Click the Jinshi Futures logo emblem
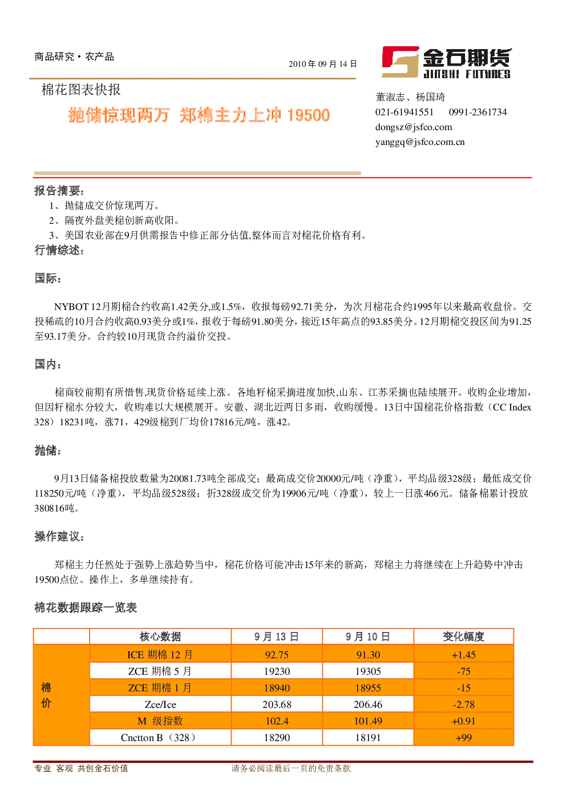coord(400,62)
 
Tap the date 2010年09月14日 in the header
coord(323,64)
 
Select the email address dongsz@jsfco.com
coord(414,127)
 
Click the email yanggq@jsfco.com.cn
coord(420,142)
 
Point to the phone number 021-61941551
coord(404,112)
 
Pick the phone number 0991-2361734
coord(478,112)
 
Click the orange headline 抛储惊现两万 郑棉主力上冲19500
coord(199,115)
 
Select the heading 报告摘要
coord(59,191)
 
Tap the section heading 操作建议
coord(59,536)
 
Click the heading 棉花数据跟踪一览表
coord(86,607)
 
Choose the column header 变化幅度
coord(463,637)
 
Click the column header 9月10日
coord(367,637)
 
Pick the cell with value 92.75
coord(277,655)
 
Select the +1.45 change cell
coord(463,655)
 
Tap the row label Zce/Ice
coord(160,705)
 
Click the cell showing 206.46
coord(368,705)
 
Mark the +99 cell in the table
coord(463,738)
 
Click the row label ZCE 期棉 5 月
coord(160,671)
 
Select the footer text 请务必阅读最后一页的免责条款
coord(291,768)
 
